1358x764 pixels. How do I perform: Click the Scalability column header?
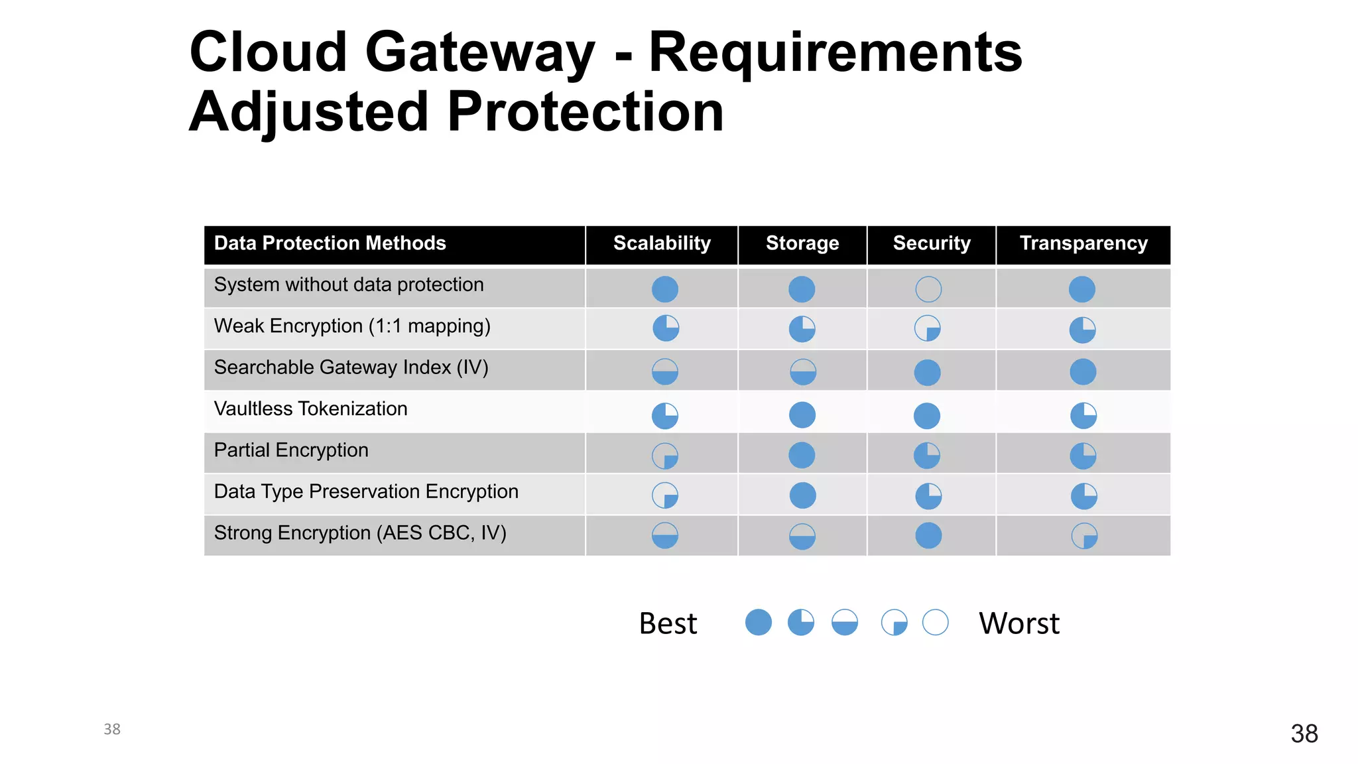[662, 243]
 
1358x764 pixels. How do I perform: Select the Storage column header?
[802, 243]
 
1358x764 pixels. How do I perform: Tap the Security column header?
[932, 243]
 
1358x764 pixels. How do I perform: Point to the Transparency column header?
[1083, 243]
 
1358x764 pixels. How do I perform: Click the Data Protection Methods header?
[330, 243]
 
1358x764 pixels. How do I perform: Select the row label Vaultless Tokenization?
[310, 409]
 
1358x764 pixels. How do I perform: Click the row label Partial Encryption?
[291, 450]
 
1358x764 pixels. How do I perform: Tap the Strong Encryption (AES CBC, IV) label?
[360, 533]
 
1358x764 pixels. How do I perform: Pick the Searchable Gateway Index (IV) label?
[351, 367]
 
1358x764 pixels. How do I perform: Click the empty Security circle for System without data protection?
[928, 289]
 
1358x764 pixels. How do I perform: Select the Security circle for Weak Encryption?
[928, 328]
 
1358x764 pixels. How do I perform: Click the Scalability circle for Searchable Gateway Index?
[665, 372]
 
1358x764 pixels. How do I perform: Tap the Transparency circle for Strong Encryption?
[1084, 536]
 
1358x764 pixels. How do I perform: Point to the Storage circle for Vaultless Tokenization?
[802, 415]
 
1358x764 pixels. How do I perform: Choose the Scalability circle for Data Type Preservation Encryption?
[665, 495]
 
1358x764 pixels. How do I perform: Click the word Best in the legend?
[668, 623]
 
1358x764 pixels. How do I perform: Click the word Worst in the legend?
[1019, 623]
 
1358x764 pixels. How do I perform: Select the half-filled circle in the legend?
[845, 623]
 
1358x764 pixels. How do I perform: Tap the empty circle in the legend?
[936, 623]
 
